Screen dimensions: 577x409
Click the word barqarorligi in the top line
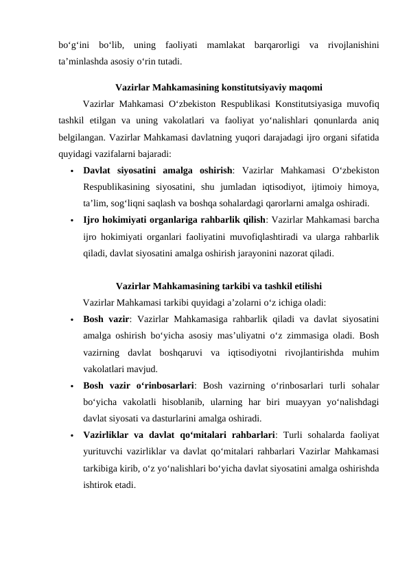click(274, 46)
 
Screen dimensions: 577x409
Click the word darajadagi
click(256, 139)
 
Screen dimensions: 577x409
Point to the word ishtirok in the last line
click(98, 485)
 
